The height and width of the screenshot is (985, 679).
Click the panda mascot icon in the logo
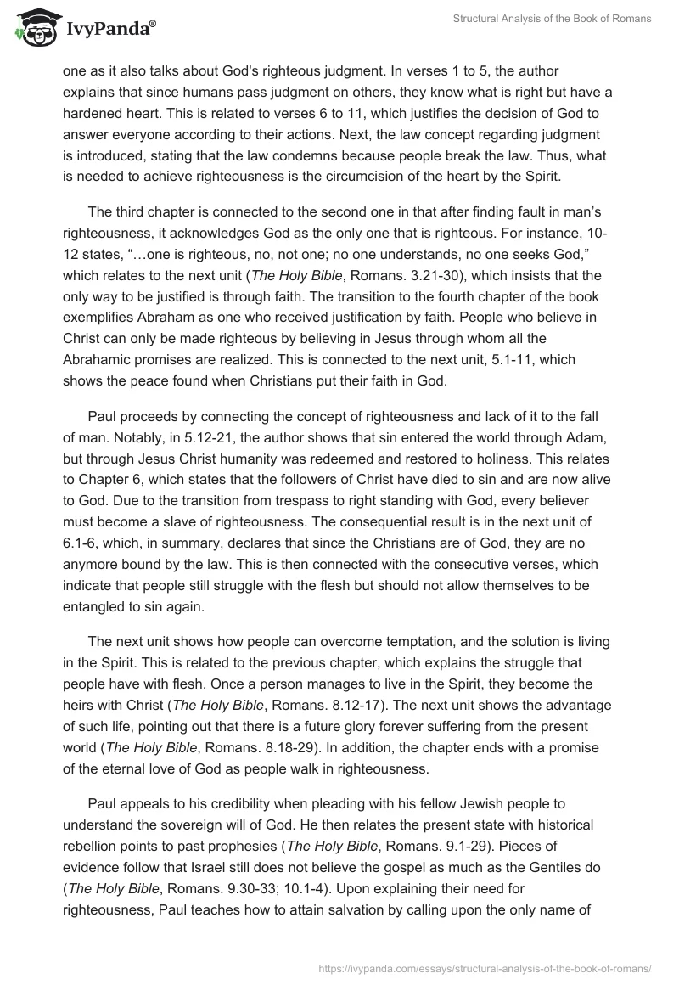31,27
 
